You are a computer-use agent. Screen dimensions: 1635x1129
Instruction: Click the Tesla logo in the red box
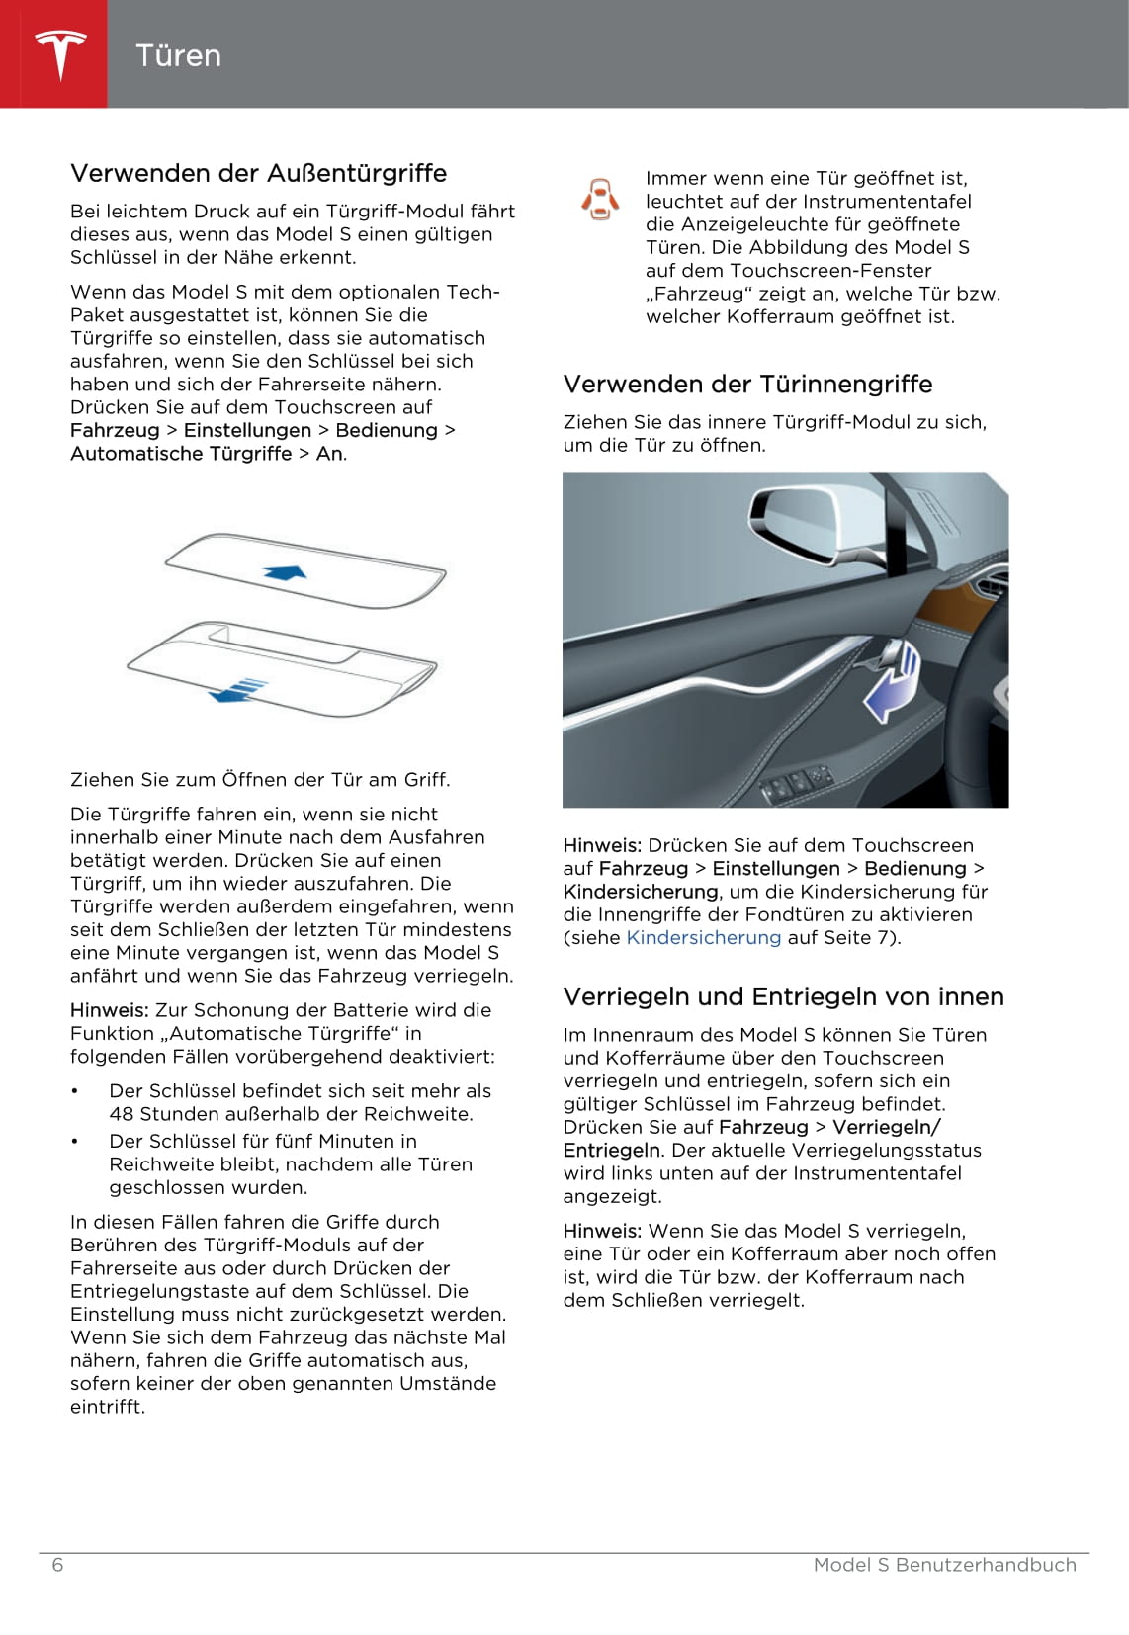coord(60,54)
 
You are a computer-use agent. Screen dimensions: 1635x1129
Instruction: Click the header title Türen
coord(178,55)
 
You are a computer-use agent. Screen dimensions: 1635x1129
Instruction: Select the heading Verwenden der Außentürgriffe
coord(258,173)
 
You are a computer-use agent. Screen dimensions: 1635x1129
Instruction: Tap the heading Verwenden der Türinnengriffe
coord(747,384)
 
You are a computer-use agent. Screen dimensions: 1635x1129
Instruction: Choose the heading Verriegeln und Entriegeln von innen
coord(783,996)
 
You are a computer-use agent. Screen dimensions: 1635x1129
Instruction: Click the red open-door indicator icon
coord(600,199)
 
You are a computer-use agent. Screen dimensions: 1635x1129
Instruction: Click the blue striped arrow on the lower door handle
coord(239,690)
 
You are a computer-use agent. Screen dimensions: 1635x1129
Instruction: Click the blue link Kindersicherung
coord(703,937)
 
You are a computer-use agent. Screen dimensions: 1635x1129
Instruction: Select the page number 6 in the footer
coord(57,1565)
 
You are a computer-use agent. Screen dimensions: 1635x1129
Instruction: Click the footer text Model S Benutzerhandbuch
coord(944,1565)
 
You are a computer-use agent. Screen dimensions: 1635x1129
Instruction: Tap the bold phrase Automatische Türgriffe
coord(181,453)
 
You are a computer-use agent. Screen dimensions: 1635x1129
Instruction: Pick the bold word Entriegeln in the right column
coord(611,1150)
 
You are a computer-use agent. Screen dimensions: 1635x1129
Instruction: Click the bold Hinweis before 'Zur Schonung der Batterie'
coord(109,1009)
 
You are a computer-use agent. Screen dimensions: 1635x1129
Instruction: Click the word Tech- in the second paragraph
coord(474,292)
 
